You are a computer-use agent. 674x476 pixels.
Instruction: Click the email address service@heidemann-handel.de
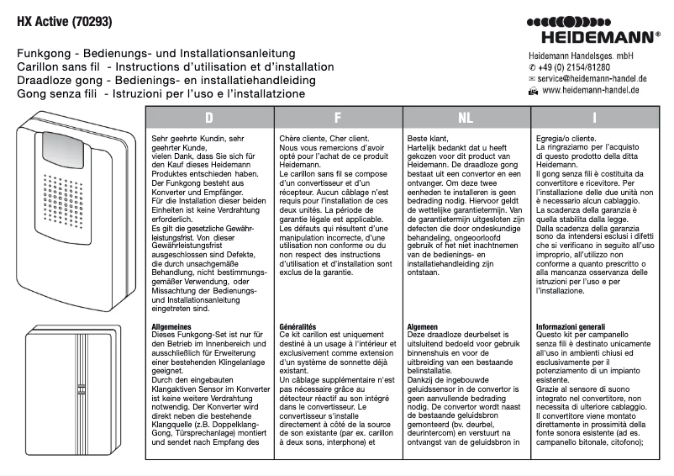click(x=590, y=77)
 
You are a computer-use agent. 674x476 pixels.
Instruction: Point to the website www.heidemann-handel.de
click(x=592, y=89)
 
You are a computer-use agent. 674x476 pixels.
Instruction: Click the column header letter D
click(x=209, y=118)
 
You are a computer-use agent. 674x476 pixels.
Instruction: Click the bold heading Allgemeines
click(x=173, y=326)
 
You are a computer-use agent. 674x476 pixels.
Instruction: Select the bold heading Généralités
click(x=298, y=326)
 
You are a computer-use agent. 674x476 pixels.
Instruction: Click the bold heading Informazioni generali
click(x=571, y=326)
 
